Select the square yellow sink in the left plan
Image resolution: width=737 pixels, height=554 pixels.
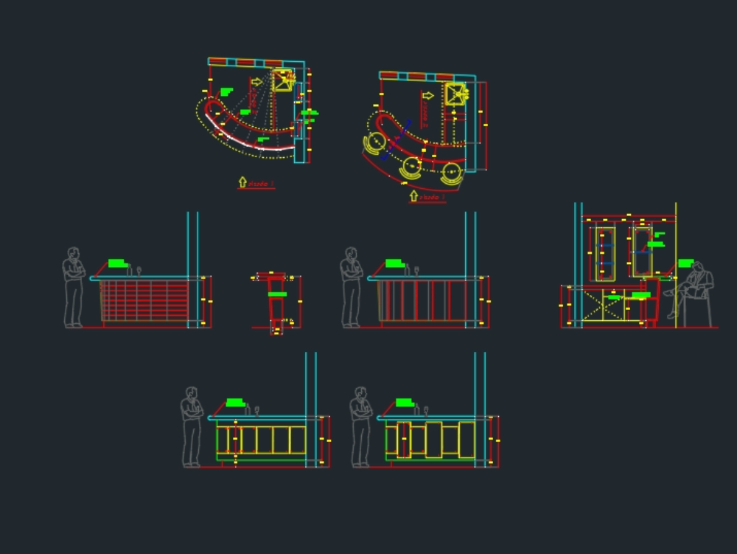(282, 80)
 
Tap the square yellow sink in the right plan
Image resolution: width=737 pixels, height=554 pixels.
(455, 94)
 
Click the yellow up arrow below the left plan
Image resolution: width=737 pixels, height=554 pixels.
(242, 181)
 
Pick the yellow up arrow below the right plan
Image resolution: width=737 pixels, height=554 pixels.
(413, 196)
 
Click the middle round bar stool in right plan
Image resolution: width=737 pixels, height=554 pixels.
(411, 168)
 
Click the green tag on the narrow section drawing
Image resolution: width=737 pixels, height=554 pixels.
(277, 294)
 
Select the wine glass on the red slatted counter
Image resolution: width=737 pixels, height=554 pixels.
(139, 270)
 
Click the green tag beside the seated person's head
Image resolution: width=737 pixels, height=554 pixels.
(685, 263)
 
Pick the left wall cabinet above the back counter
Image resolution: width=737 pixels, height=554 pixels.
(605, 253)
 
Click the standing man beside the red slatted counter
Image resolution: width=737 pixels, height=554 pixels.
(73, 288)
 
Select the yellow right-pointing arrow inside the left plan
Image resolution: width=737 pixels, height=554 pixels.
(256, 82)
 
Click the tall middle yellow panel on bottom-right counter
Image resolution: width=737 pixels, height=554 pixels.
(433, 439)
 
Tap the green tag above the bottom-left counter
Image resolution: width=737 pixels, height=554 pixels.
(235, 402)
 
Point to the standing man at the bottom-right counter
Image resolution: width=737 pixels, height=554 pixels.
(361, 427)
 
